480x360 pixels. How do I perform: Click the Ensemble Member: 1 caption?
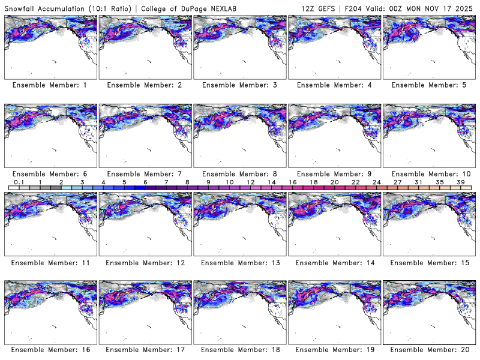point(49,85)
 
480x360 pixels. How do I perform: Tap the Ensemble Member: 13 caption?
point(238,262)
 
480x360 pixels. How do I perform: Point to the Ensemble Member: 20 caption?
point(428,350)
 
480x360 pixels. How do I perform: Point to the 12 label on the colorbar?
point(251,182)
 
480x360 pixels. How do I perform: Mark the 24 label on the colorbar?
point(376,182)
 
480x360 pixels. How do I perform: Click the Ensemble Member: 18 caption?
point(238,350)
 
